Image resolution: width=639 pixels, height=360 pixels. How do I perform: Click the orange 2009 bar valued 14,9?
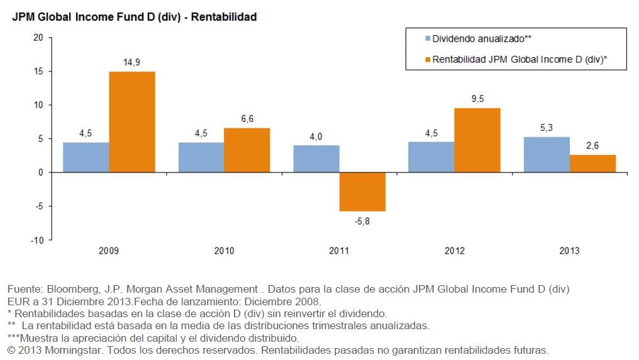[132, 121]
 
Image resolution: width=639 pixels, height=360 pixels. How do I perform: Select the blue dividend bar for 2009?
[86, 157]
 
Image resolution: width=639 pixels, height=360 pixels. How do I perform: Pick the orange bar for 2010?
[247, 150]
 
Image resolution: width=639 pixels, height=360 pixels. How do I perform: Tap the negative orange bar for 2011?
[362, 192]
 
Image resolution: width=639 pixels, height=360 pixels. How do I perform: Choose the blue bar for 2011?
[316, 159]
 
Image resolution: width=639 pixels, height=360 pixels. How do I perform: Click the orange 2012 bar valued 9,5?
[477, 140]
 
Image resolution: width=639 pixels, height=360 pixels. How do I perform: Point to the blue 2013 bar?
[547, 154]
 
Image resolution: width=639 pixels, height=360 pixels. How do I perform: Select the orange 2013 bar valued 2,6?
[592, 163]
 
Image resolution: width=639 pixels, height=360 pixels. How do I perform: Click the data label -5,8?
[362, 220]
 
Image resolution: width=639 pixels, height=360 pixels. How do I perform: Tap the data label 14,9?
[132, 62]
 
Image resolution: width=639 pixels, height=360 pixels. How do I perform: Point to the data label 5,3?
[547, 127]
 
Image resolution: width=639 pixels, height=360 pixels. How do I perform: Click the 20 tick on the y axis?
[38, 37]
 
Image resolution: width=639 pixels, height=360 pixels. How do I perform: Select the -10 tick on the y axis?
[37, 240]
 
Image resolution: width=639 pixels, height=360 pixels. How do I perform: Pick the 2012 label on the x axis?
[454, 251]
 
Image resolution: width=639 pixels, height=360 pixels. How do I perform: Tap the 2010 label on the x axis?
[224, 251]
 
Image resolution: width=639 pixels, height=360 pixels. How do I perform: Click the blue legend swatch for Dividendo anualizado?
[427, 39]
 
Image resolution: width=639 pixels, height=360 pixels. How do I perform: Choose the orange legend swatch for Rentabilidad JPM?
[427, 60]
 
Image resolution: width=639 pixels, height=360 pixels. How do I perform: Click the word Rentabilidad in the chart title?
[224, 17]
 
